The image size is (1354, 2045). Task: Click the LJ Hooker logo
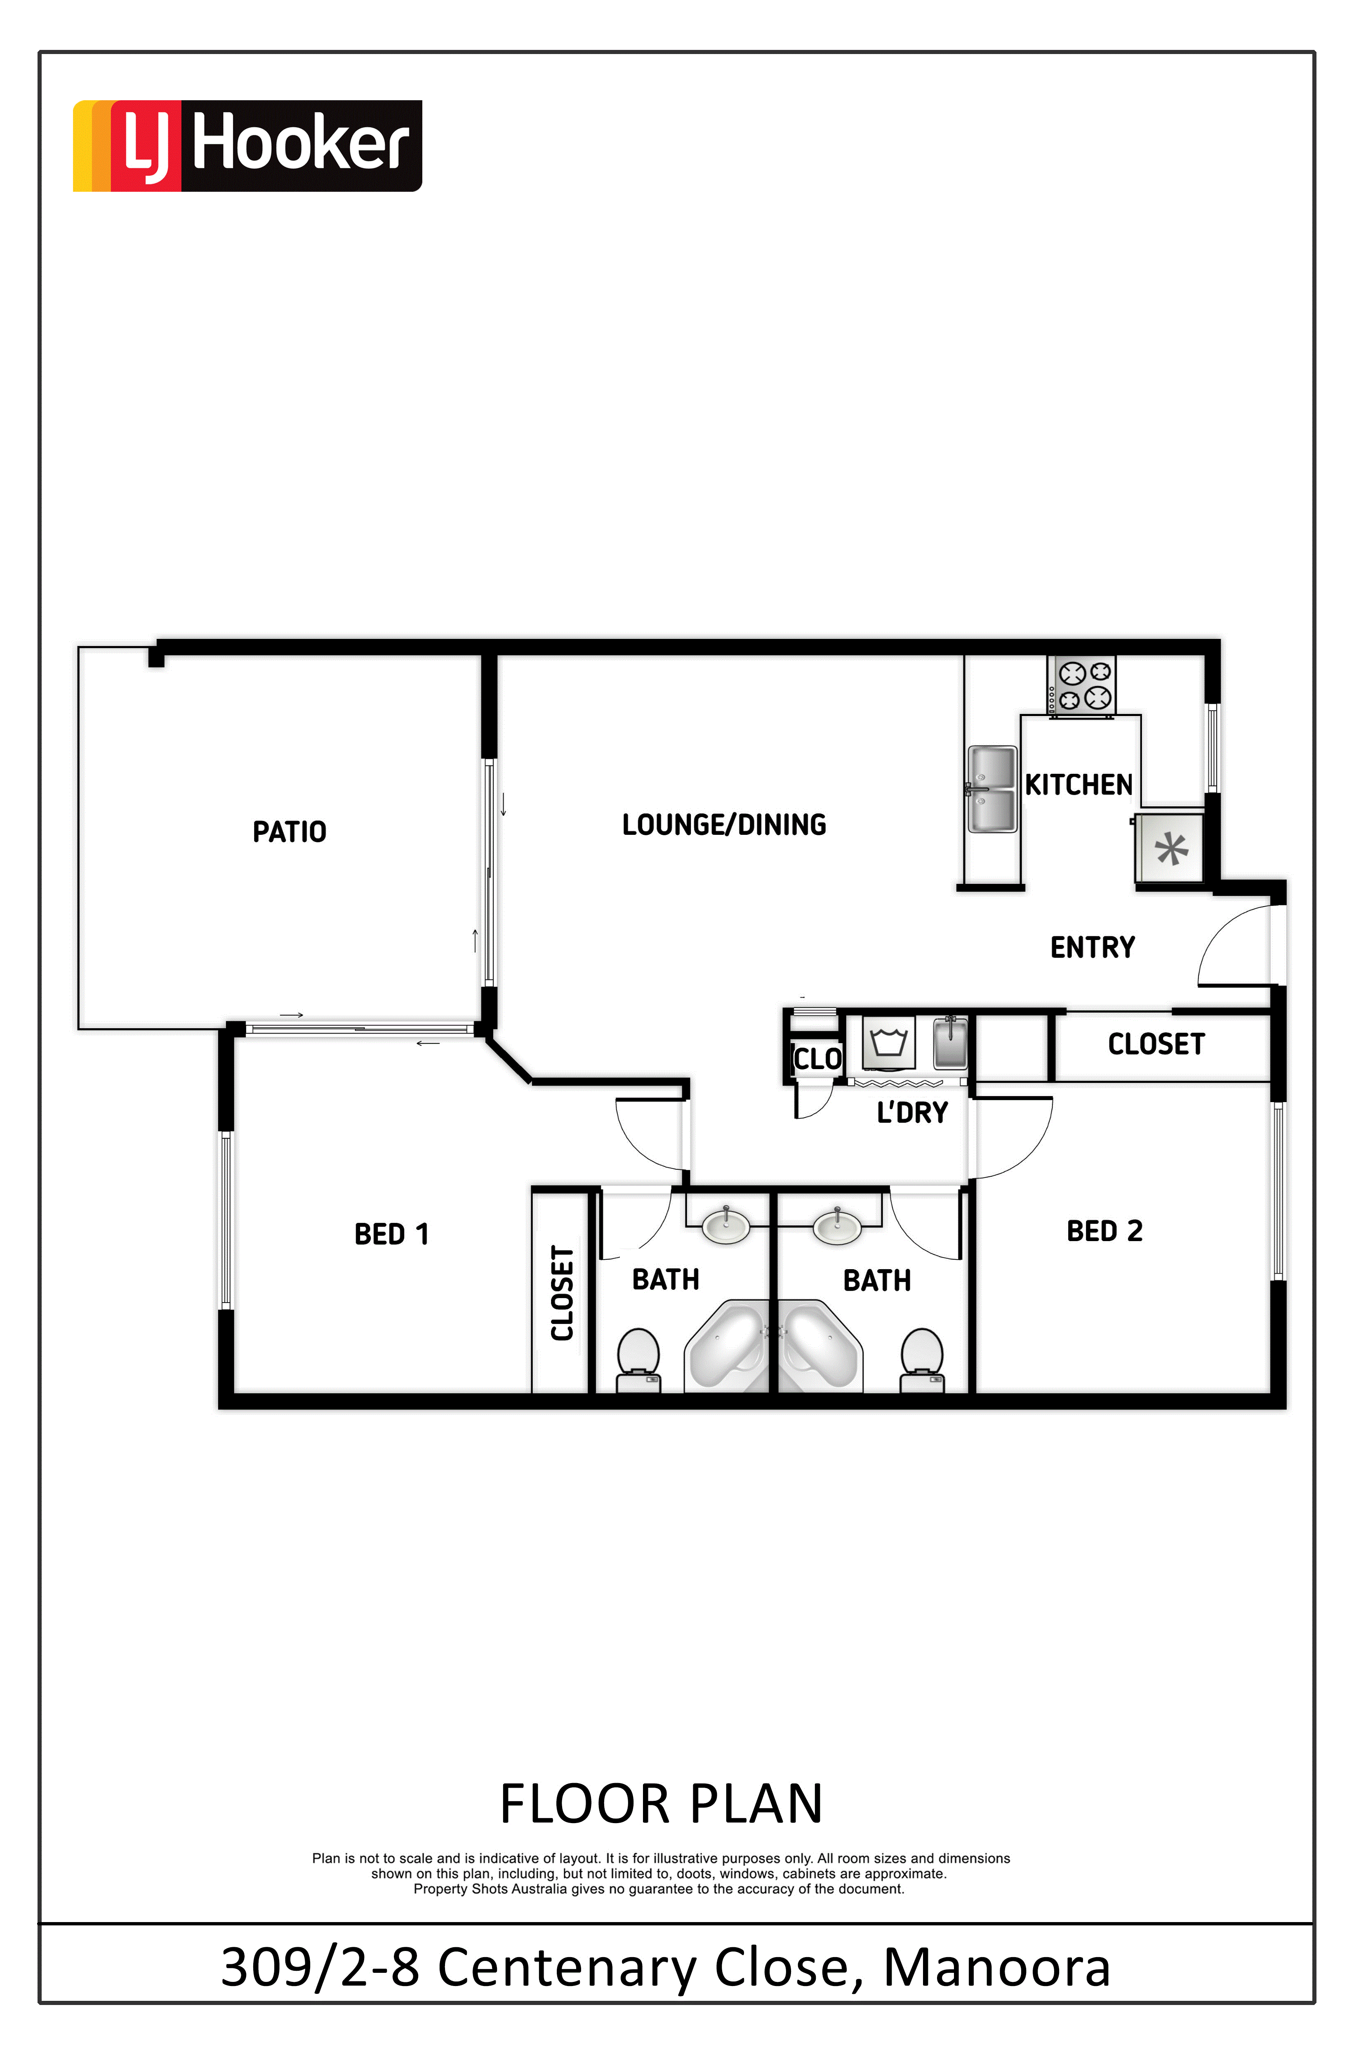pyautogui.click(x=247, y=145)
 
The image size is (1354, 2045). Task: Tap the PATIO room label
pyautogui.click(x=289, y=832)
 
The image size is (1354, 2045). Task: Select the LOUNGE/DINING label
pyautogui.click(x=724, y=825)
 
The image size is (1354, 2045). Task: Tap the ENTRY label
pyautogui.click(x=1093, y=947)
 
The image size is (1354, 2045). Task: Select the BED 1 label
pyautogui.click(x=391, y=1234)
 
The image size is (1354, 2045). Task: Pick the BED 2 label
pyautogui.click(x=1104, y=1231)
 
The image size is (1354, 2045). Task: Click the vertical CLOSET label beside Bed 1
pyautogui.click(x=562, y=1293)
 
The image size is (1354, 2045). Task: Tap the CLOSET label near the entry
pyautogui.click(x=1156, y=1044)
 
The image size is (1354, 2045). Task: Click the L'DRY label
pyautogui.click(x=913, y=1112)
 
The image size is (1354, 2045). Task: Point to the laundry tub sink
pyautogui.click(x=950, y=1044)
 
